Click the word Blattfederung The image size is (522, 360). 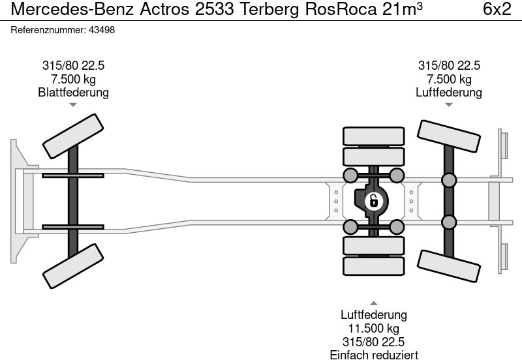(x=73, y=93)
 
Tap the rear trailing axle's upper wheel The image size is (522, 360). (x=448, y=138)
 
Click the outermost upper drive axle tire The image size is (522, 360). (x=373, y=136)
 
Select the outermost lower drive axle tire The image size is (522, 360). (x=373, y=265)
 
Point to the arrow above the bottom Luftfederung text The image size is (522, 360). (x=373, y=303)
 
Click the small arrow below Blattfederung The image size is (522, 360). (x=73, y=104)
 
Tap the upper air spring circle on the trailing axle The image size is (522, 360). (x=448, y=180)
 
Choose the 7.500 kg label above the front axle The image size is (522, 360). (x=73, y=80)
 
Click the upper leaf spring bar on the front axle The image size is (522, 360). (x=73, y=175)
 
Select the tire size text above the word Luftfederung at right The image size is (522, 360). (x=449, y=66)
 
